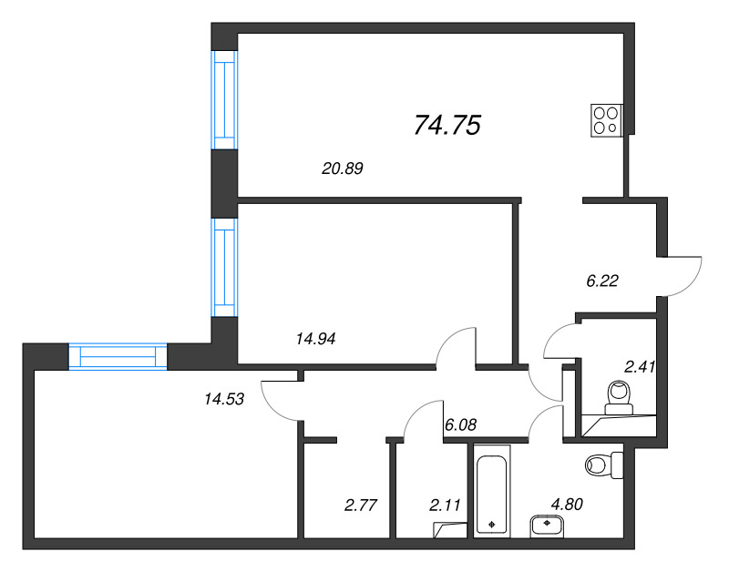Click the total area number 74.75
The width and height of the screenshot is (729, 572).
pos(447,126)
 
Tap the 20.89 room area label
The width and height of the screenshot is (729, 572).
pos(343,169)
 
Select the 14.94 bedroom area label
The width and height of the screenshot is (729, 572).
pos(315,339)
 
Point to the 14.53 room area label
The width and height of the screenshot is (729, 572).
pos(224,399)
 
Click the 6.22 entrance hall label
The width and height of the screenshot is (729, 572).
pos(602,281)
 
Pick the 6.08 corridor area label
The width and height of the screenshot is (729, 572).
pos(460,424)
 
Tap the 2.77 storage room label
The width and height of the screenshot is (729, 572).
pos(360,505)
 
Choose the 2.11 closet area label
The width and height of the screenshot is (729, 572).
pos(445,505)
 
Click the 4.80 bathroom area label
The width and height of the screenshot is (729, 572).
pos(567,504)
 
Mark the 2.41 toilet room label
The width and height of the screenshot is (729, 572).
pos(640,367)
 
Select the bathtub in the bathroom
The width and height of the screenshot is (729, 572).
pos(492,491)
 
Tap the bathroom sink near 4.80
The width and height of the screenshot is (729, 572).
pos(547,526)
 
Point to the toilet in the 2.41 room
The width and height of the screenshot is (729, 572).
pos(619,398)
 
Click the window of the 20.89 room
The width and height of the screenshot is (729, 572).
pos(224,100)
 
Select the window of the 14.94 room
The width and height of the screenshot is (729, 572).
pos(224,267)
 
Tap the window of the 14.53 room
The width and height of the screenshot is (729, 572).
pos(118,356)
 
